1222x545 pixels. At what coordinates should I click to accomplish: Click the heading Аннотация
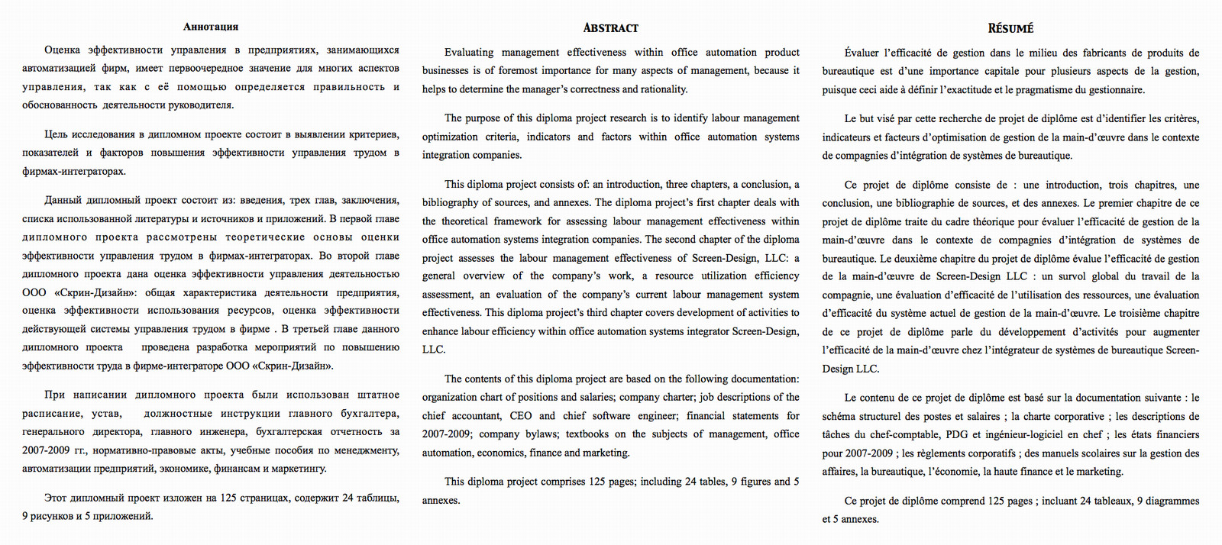coord(211,27)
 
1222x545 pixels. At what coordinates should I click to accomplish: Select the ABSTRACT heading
coord(610,28)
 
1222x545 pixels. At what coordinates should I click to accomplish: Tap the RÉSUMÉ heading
coord(1010,29)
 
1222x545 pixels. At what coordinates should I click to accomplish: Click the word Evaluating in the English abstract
coord(469,53)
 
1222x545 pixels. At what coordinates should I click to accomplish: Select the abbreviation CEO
coord(520,416)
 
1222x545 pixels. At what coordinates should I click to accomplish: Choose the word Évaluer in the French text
coord(862,53)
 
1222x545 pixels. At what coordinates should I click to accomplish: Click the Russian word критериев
coord(374,135)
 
